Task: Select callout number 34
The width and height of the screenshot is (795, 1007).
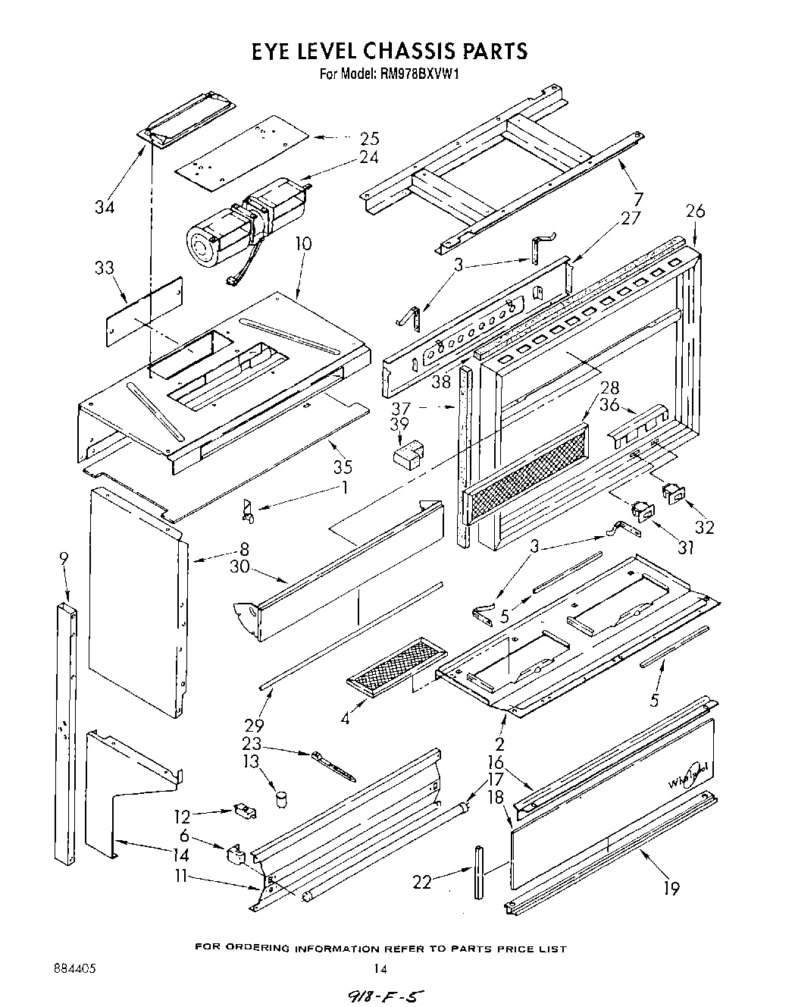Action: tap(105, 206)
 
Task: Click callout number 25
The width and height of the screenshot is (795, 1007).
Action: tap(369, 139)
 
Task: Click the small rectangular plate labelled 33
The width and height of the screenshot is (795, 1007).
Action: tap(144, 312)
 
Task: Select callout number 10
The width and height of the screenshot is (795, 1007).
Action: tap(303, 244)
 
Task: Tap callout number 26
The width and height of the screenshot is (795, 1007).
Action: tap(694, 211)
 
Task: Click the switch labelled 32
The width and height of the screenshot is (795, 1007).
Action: tap(673, 494)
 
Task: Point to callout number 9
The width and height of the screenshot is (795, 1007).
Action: tap(64, 560)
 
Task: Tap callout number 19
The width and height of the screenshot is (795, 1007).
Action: tap(671, 888)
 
